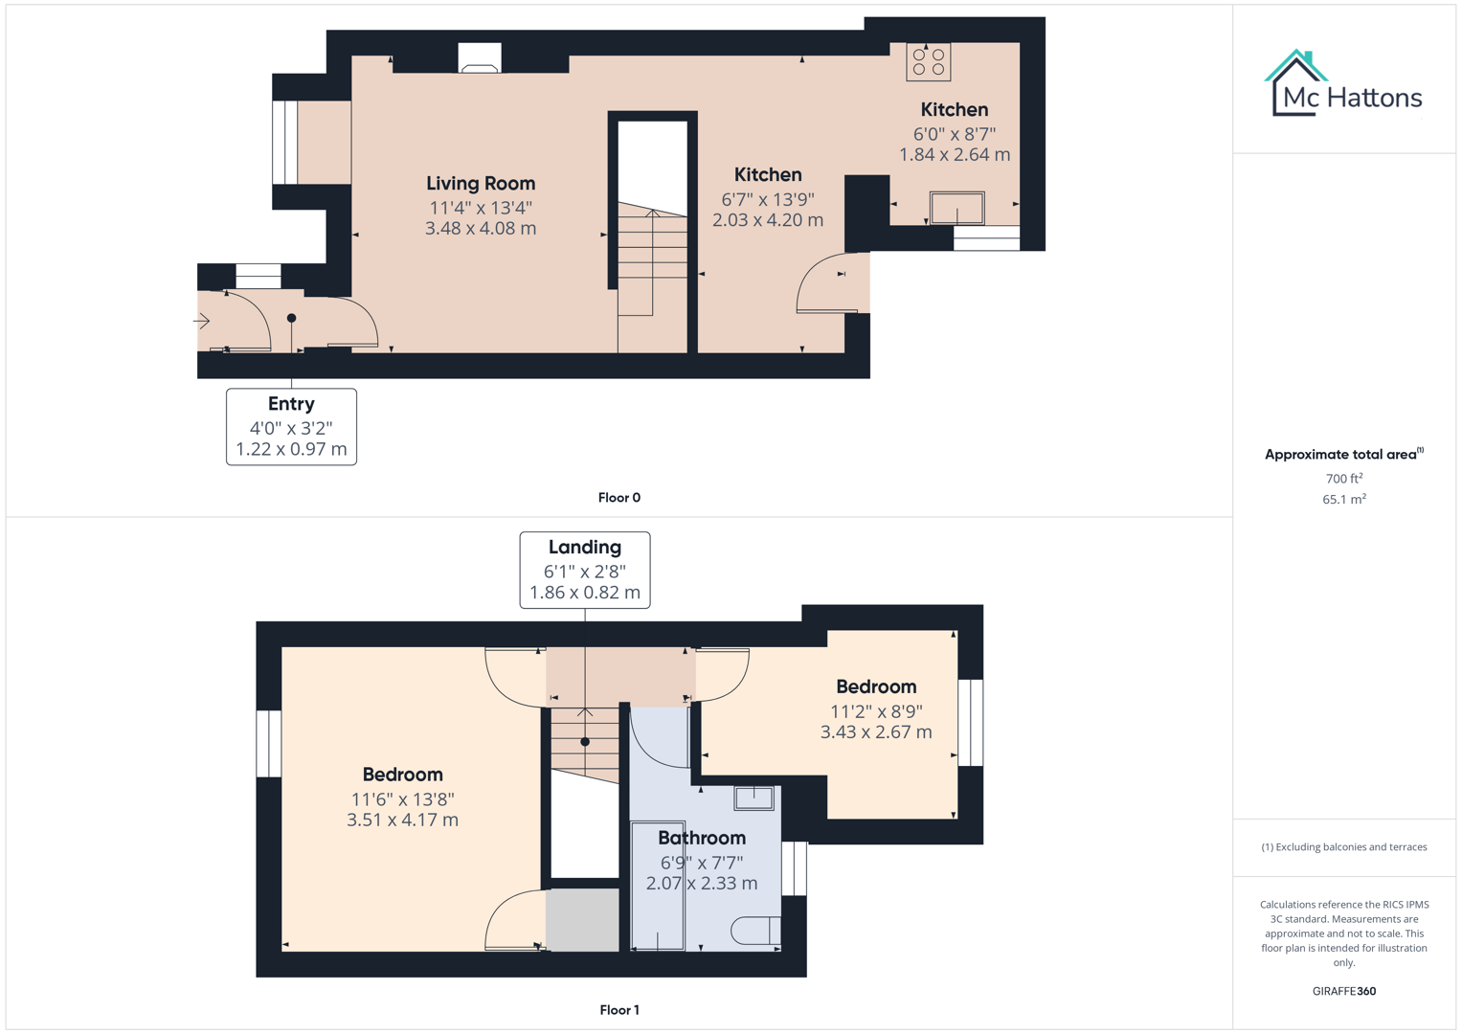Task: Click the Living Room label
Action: pyautogui.click(x=480, y=183)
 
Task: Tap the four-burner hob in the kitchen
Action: pyautogui.click(x=928, y=62)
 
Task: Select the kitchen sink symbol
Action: pyautogui.click(x=956, y=208)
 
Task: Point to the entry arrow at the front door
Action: pyautogui.click(x=202, y=322)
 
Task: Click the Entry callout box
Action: pyautogui.click(x=291, y=427)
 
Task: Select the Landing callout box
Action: pyautogui.click(x=584, y=570)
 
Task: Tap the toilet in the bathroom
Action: pyautogui.click(x=756, y=931)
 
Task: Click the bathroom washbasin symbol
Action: pyautogui.click(x=753, y=798)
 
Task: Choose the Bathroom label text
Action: pyautogui.click(x=701, y=838)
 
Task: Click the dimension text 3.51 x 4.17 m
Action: pyautogui.click(x=402, y=820)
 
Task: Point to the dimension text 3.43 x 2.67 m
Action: pyautogui.click(x=875, y=731)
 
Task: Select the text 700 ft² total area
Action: pyautogui.click(x=1343, y=479)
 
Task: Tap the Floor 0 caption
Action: pyautogui.click(x=619, y=498)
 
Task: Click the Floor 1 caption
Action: pyautogui.click(x=619, y=1010)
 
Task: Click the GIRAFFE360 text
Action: pyautogui.click(x=1343, y=991)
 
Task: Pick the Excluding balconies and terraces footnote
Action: pyautogui.click(x=1343, y=847)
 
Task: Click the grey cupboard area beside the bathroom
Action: pyautogui.click(x=582, y=920)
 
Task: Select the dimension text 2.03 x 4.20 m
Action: pyautogui.click(x=767, y=220)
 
